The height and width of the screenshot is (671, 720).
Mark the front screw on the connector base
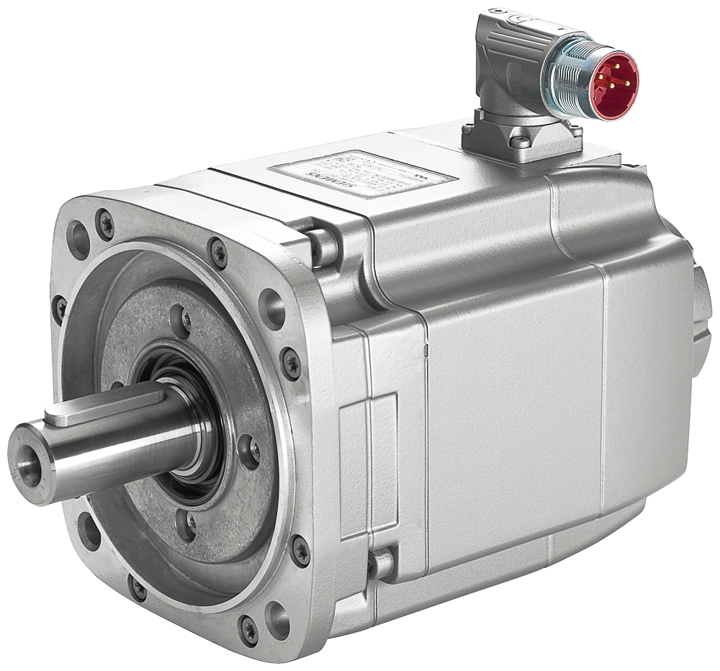point(520,141)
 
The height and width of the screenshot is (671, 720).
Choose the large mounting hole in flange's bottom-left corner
point(89,531)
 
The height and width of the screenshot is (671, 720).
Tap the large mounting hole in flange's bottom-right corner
point(276,618)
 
